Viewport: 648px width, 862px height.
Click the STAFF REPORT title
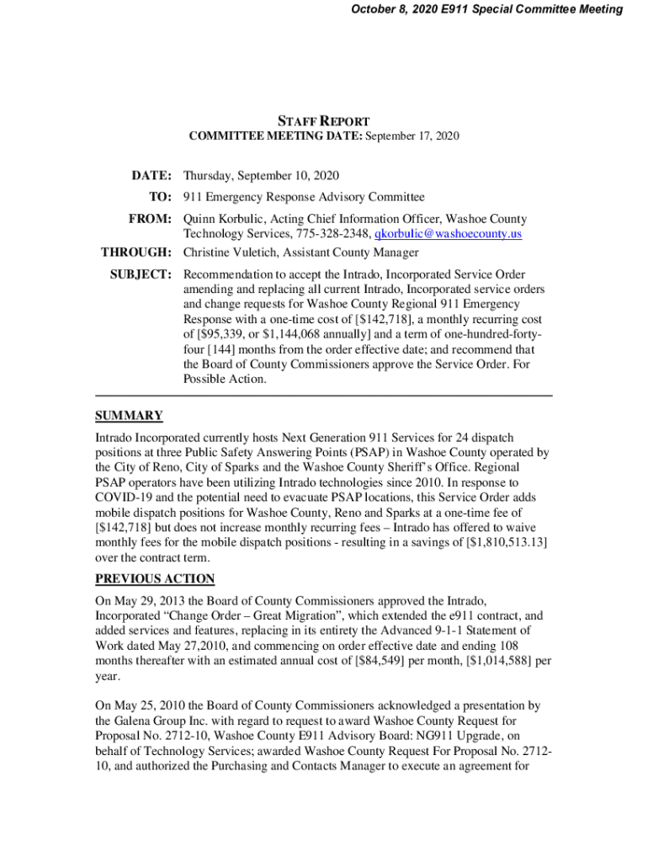pyautogui.click(x=324, y=121)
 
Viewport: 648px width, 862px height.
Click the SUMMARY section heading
pyautogui.click(x=129, y=416)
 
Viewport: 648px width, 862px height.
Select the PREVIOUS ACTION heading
pyautogui.click(x=155, y=578)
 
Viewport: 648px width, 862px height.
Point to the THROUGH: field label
pyautogui.click(x=136, y=253)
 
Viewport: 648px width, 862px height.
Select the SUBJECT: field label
pyautogui.click(x=141, y=274)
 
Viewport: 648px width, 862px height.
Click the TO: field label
pyautogui.click(x=160, y=197)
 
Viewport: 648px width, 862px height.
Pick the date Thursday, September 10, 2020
pyautogui.click(x=261, y=175)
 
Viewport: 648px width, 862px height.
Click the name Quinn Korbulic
pyautogui.click(x=222, y=219)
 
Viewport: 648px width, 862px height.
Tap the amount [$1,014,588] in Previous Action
pyautogui.click(x=475, y=661)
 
